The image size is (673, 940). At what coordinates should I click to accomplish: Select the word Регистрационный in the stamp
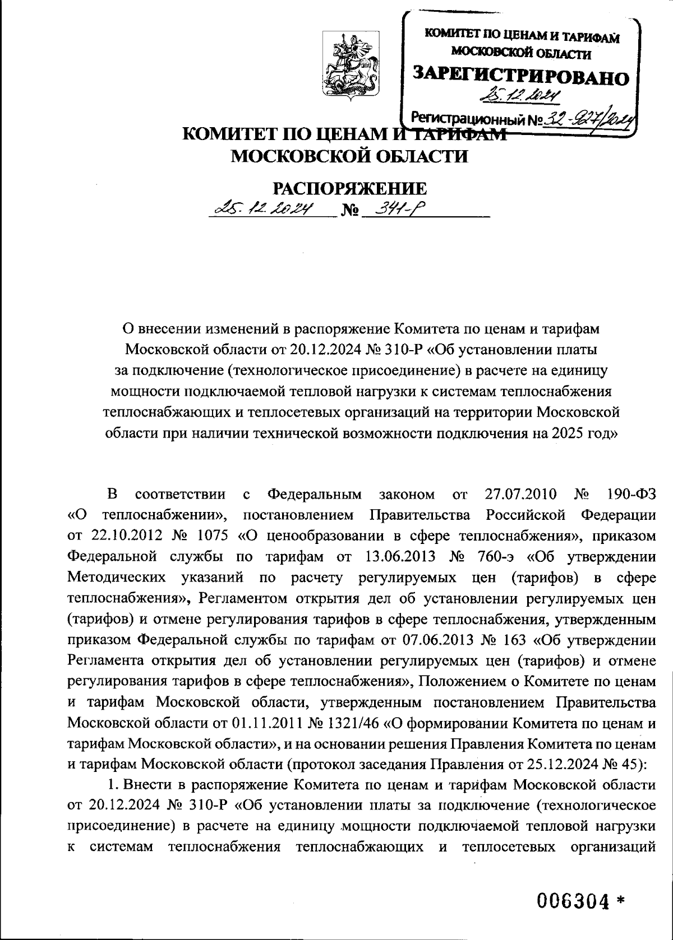click(x=463, y=118)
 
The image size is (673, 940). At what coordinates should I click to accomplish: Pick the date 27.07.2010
click(x=519, y=494)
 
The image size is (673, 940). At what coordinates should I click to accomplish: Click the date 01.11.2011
click(x=263, y=722)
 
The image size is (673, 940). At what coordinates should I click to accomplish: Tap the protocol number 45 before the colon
click(x=635, y=764)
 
